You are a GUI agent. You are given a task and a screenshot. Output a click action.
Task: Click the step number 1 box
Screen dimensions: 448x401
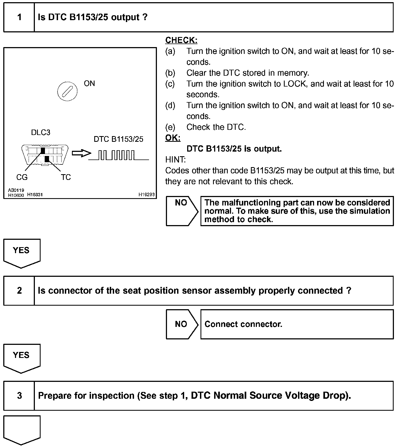[19, 17]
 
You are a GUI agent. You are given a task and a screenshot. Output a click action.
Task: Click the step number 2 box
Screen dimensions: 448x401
[19, 291]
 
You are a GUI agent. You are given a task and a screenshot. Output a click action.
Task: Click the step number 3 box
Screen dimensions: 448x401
[19, 395]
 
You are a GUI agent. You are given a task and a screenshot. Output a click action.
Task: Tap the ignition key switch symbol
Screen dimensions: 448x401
[67, 91]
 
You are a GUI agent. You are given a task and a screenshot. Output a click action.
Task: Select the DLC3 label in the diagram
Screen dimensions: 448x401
[41, 133]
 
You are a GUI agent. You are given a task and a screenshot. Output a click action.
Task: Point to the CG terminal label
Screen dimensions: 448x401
[22, 177]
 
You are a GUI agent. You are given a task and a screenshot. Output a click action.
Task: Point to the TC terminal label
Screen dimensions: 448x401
[66, 177]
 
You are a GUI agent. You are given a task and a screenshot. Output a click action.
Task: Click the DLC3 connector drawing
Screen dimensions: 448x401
[45, 155]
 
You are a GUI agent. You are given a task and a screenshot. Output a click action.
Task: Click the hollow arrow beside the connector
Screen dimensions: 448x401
[81, 154]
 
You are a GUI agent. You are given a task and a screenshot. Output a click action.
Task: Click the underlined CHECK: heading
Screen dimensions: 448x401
[181, 40]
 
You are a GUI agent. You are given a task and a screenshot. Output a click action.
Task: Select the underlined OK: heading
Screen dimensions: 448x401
[173, 138]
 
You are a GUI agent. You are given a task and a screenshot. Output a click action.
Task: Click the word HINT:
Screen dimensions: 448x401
[175, 159]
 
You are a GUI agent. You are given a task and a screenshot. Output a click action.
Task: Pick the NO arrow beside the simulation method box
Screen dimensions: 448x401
[182, 211]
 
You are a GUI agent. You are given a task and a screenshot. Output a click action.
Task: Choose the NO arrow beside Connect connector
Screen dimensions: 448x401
[182, 324]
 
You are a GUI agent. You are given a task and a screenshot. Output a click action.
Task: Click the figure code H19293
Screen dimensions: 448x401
[146, 195]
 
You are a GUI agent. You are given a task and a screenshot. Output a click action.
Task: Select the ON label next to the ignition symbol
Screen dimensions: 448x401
[89, 83]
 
